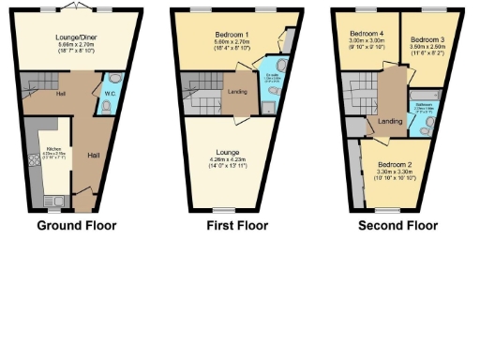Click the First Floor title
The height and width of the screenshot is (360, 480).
[236, 225]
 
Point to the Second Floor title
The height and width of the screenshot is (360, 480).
[398, 225]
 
